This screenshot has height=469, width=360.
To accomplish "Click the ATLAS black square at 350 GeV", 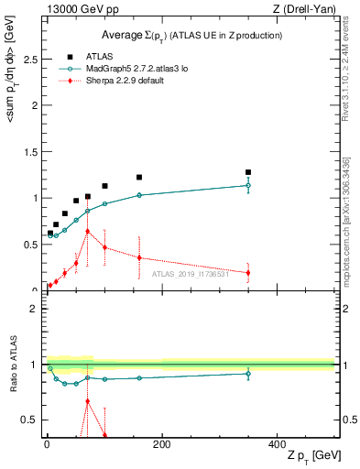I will [x=248, y=172].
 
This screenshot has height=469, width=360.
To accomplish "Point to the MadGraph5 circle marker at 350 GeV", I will [x=248, y=185].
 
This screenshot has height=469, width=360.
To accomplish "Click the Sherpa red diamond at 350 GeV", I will [x=248, y=272].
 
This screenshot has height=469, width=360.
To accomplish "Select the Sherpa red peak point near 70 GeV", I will [x=87, y=231].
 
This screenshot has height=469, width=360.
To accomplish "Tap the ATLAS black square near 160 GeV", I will [x=139, y=177].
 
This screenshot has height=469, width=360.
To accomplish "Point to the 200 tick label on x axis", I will [x=161, y=444].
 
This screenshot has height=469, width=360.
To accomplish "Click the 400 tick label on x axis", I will [x=277, y=444].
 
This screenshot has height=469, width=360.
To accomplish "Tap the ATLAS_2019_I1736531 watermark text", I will [x=191, y=273].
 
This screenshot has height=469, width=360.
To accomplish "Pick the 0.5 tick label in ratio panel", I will [x=30, y=420].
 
